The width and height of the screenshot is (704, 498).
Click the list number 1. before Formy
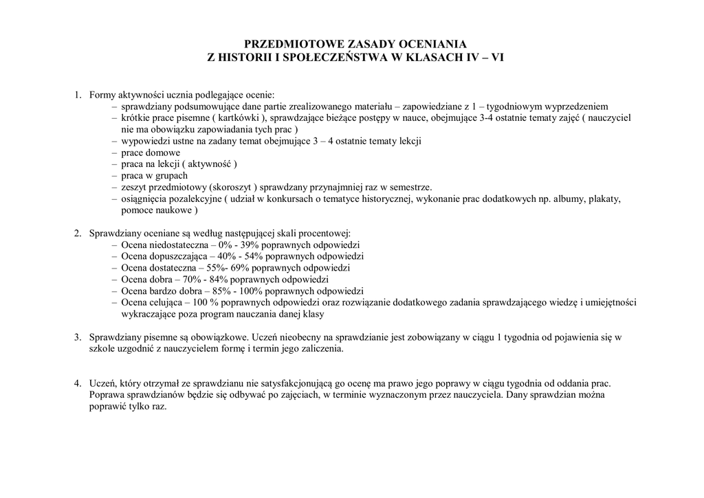click(78, 95)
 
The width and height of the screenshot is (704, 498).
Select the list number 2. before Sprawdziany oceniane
click(78, 234)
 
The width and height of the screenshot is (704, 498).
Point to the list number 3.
click(78, 337)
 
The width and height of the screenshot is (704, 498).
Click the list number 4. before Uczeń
click(78, 383)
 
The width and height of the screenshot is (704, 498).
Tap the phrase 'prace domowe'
click(151, 152)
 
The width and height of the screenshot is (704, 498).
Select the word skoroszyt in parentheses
click(230, 188)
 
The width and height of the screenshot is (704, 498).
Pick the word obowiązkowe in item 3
click(221, 337)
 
